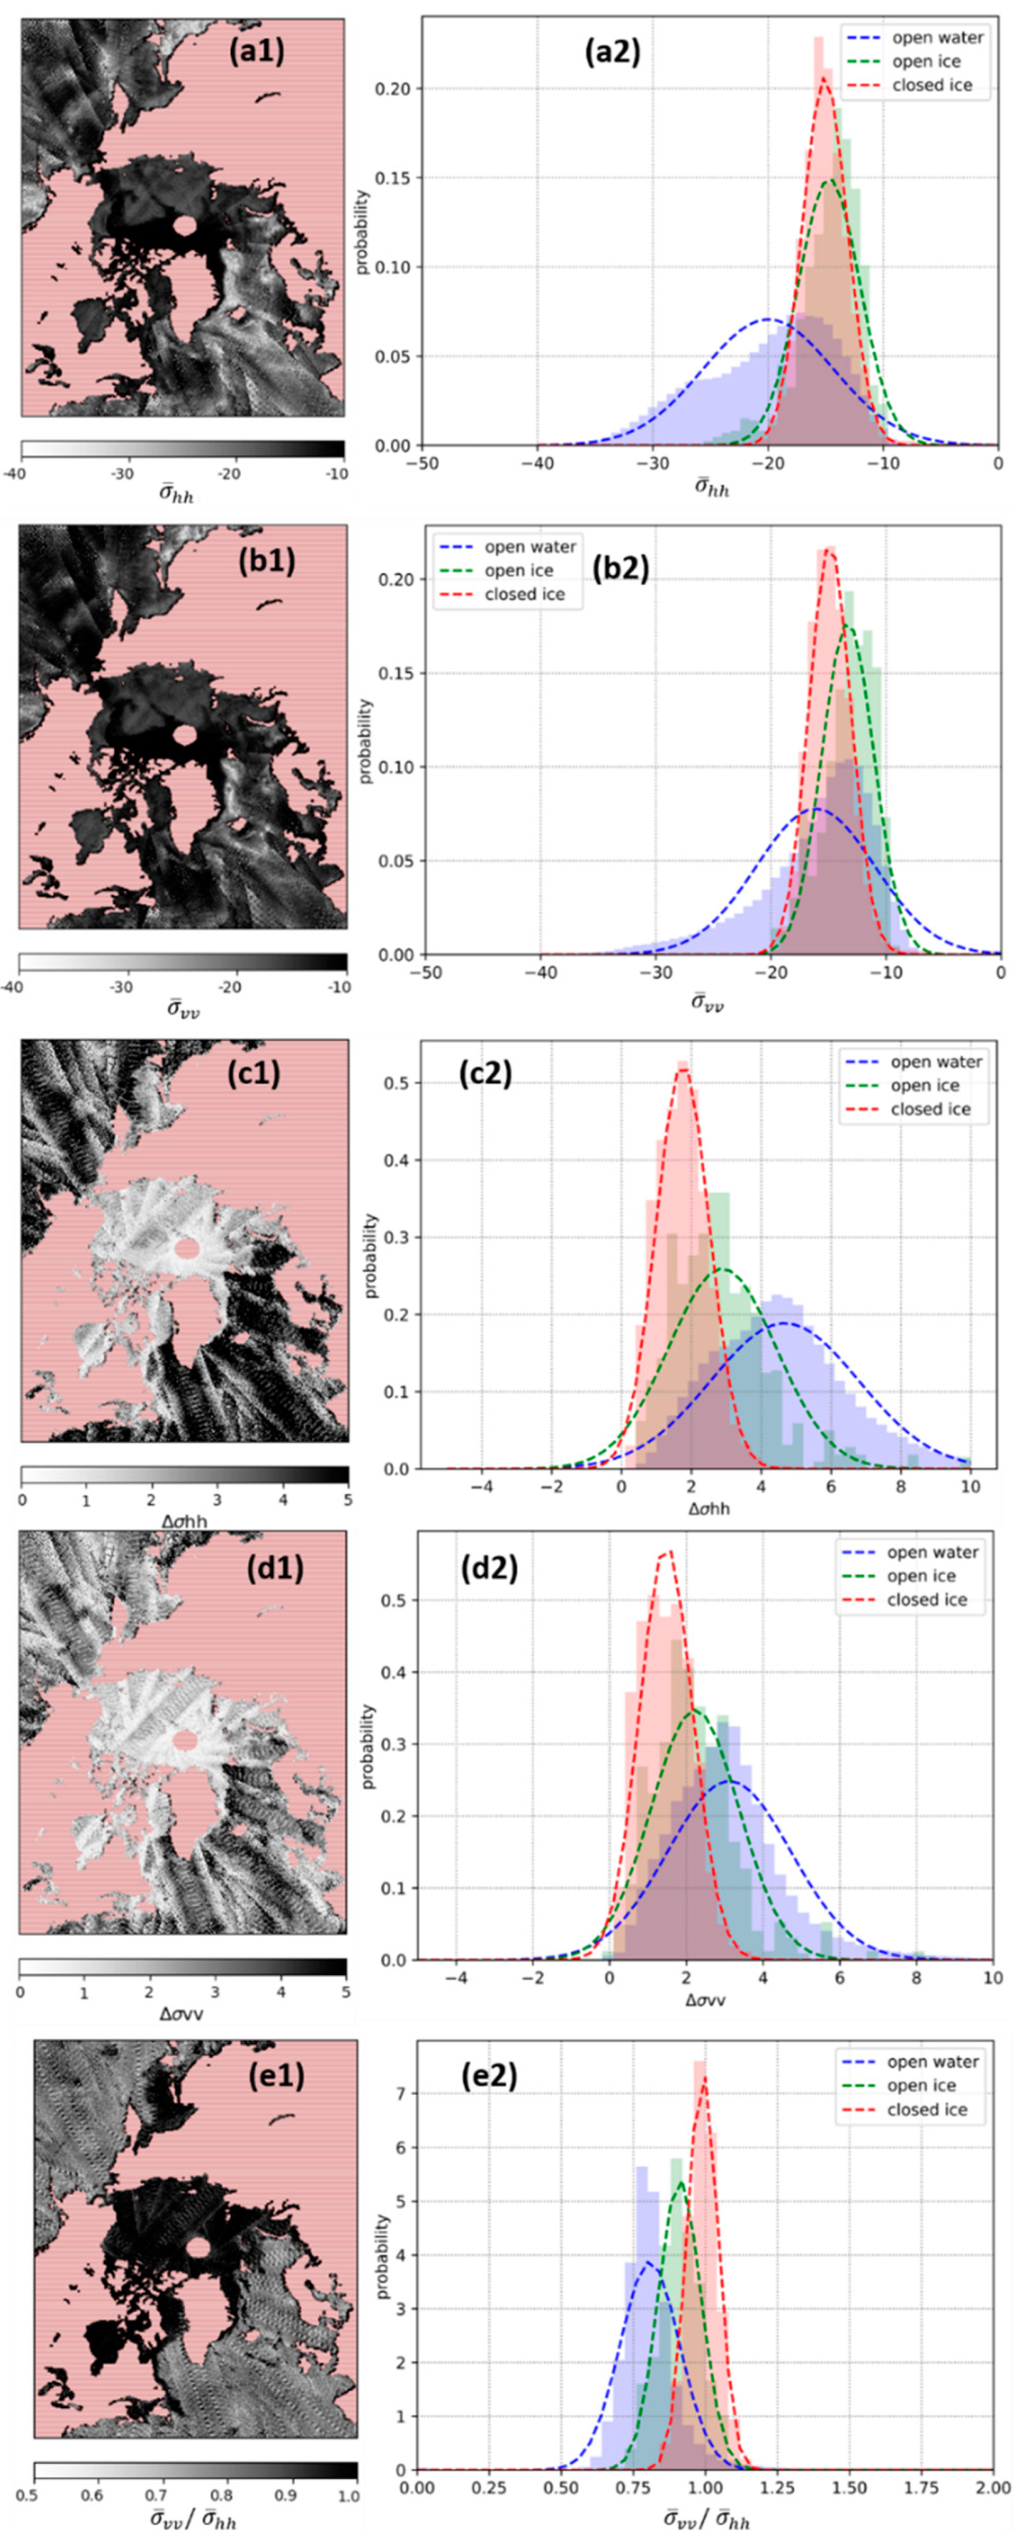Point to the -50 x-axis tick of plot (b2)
coord(425,973)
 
